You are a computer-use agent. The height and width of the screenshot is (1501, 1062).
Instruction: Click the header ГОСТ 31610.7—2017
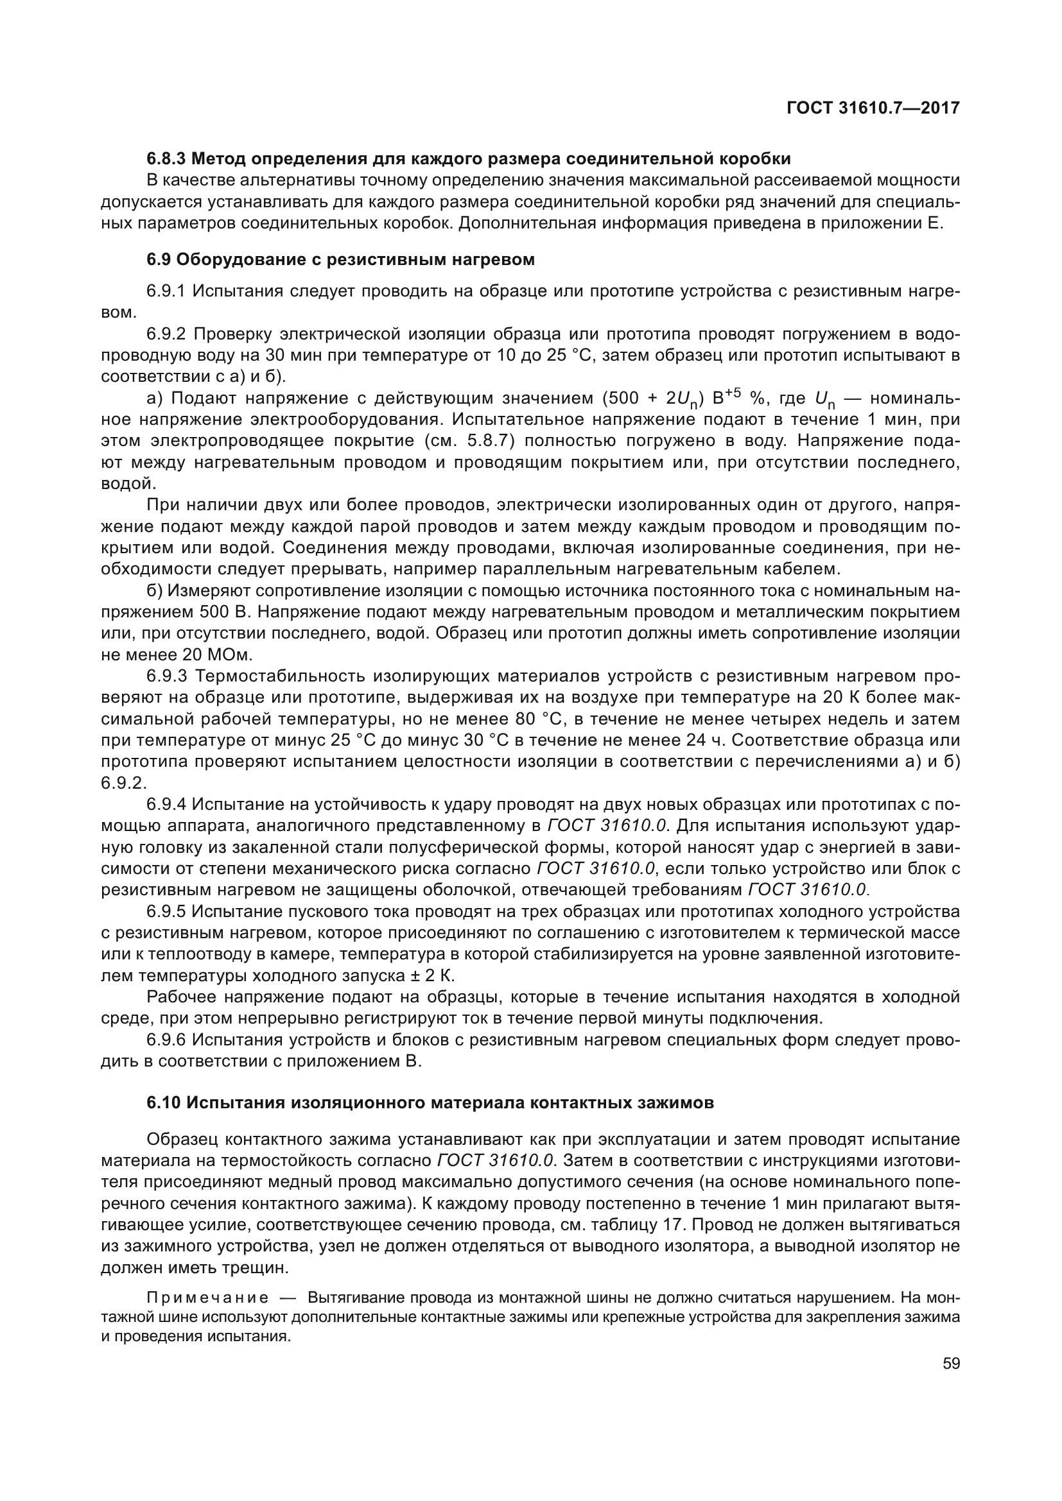tap(873, 108)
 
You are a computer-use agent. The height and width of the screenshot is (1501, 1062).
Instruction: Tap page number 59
tap(951, 1363)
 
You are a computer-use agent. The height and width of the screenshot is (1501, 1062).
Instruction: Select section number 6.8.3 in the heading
tap(166, 159)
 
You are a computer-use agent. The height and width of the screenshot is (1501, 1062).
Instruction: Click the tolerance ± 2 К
tap(430, 976)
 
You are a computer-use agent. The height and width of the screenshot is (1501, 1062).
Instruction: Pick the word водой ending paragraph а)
tap(127, 484)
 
